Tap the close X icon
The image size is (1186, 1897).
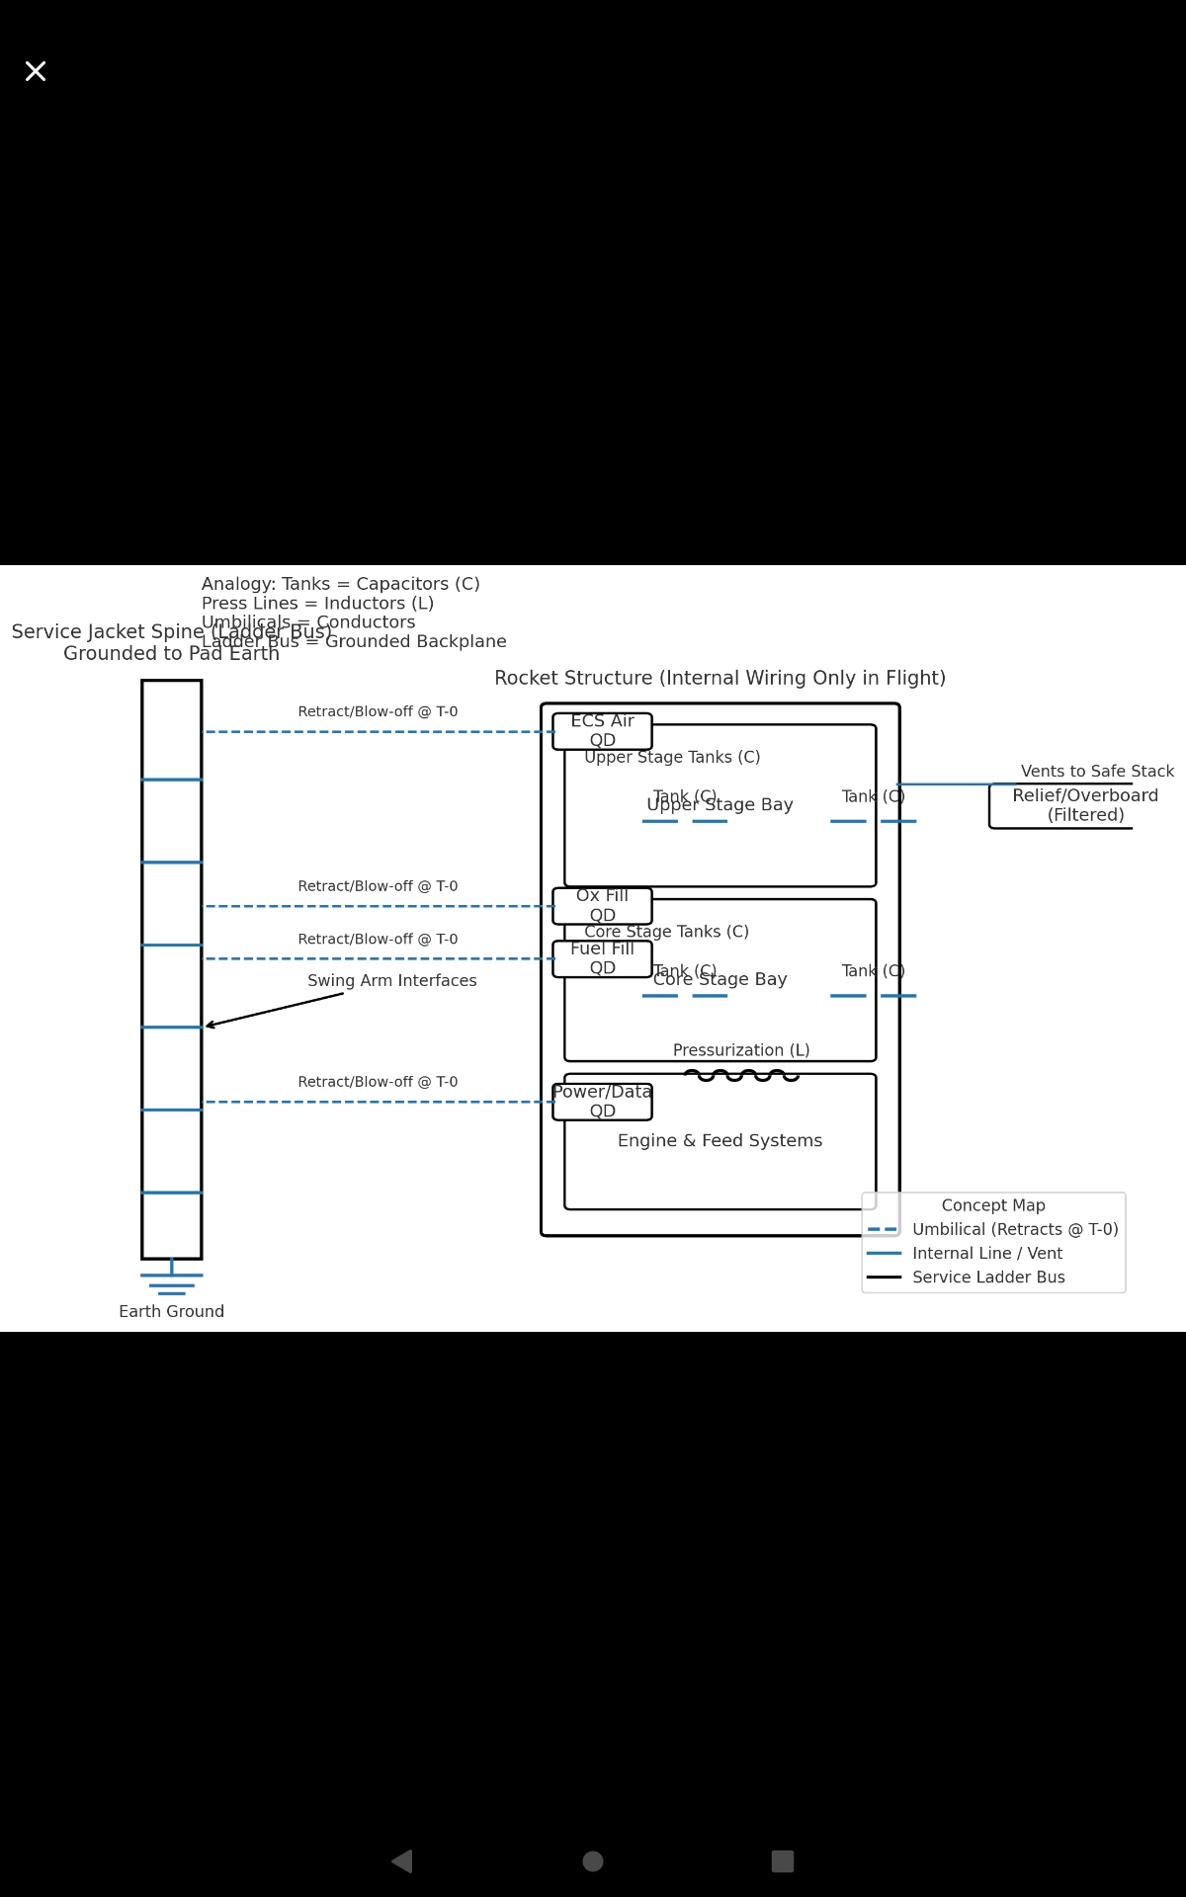[36, 71]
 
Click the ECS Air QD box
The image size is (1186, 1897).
[602, 731]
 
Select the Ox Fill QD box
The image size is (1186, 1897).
[602, 905]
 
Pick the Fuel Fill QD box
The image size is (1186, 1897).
[602, 958]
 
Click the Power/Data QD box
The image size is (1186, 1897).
[602, 1102]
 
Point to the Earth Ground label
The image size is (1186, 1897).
[172, 1312]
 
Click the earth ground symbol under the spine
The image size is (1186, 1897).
[172, 1282]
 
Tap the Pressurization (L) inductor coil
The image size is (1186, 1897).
[741, 1076]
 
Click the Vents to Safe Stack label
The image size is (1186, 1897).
[1097, 772]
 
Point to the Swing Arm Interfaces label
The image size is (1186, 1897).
[392, 981]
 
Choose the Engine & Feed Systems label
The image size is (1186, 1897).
[720, 1141]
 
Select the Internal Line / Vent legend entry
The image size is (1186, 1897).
[986, 1254]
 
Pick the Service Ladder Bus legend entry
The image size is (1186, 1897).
[988, 1278]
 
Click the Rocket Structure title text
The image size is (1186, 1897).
[720, 679]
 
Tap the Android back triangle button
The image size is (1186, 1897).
[402, 1861]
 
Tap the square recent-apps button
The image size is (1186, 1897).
[783, 1861]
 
